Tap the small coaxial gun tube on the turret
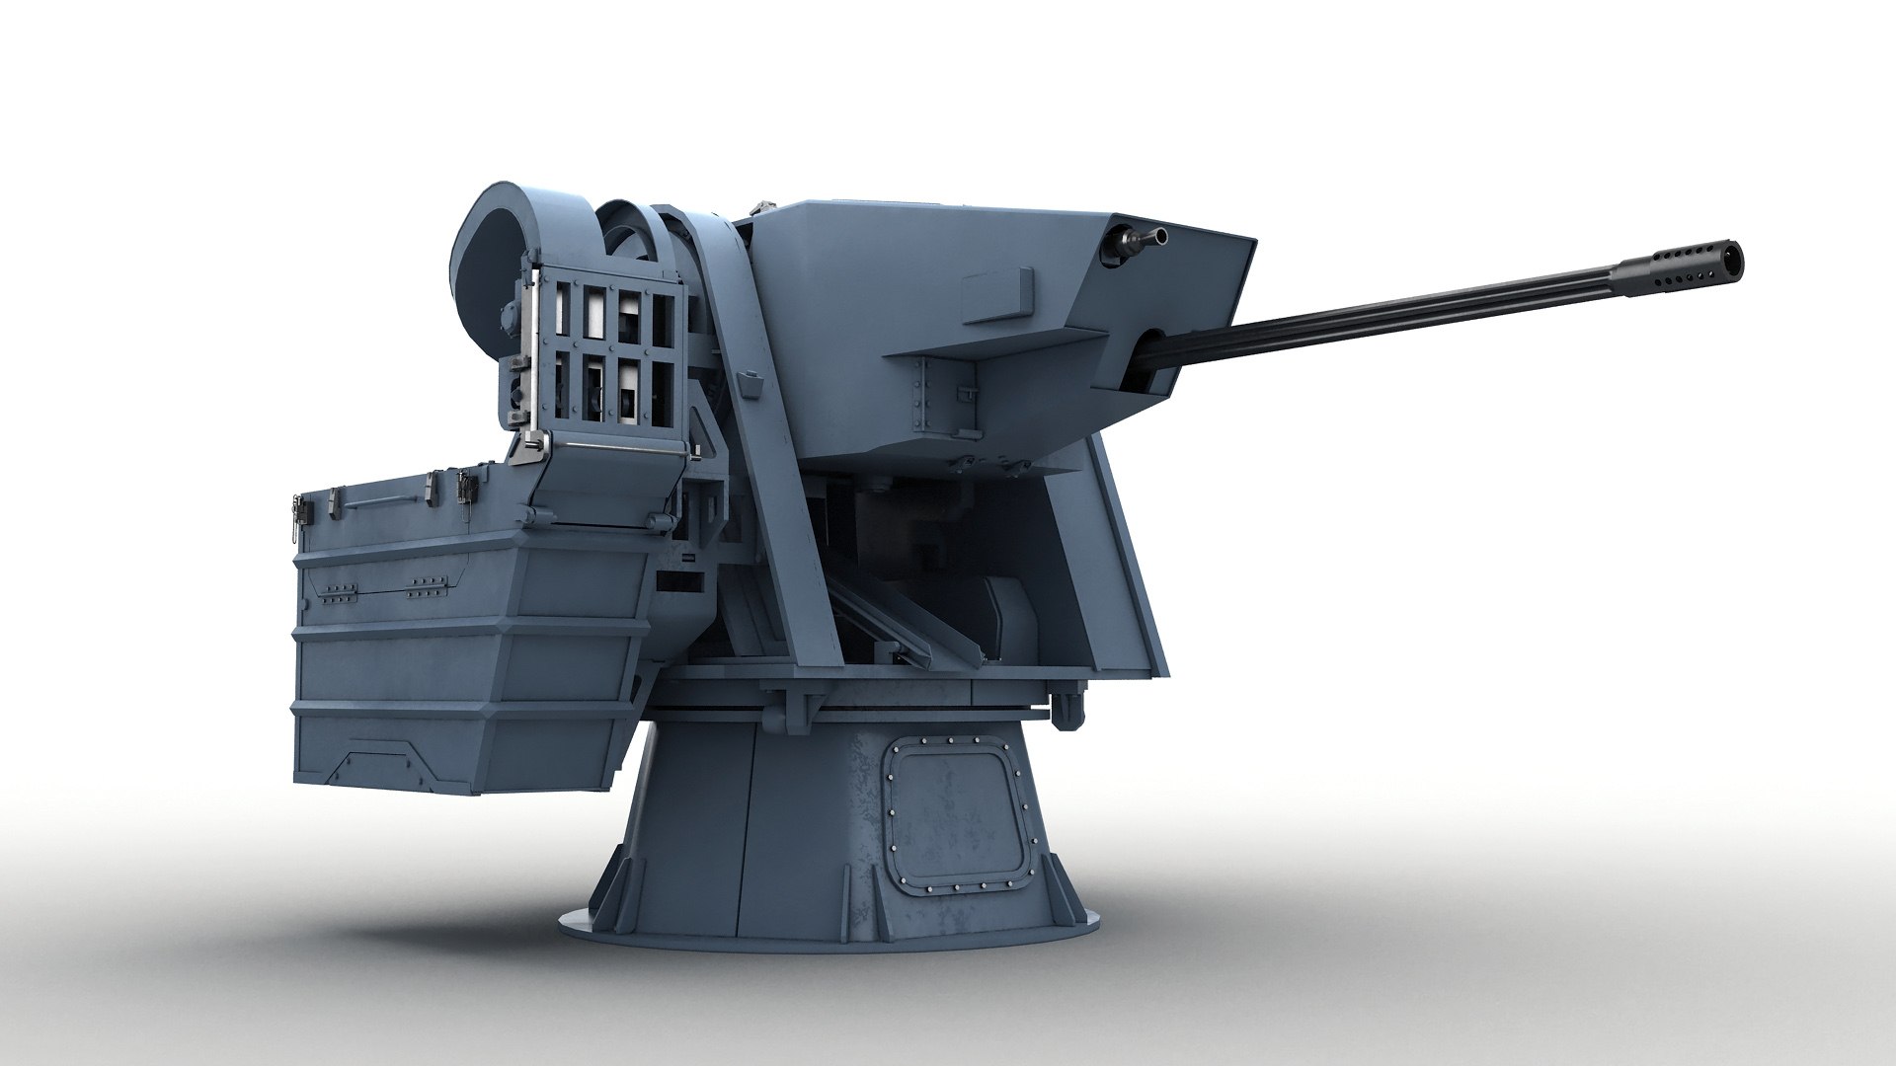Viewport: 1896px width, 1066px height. point(1145,237)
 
